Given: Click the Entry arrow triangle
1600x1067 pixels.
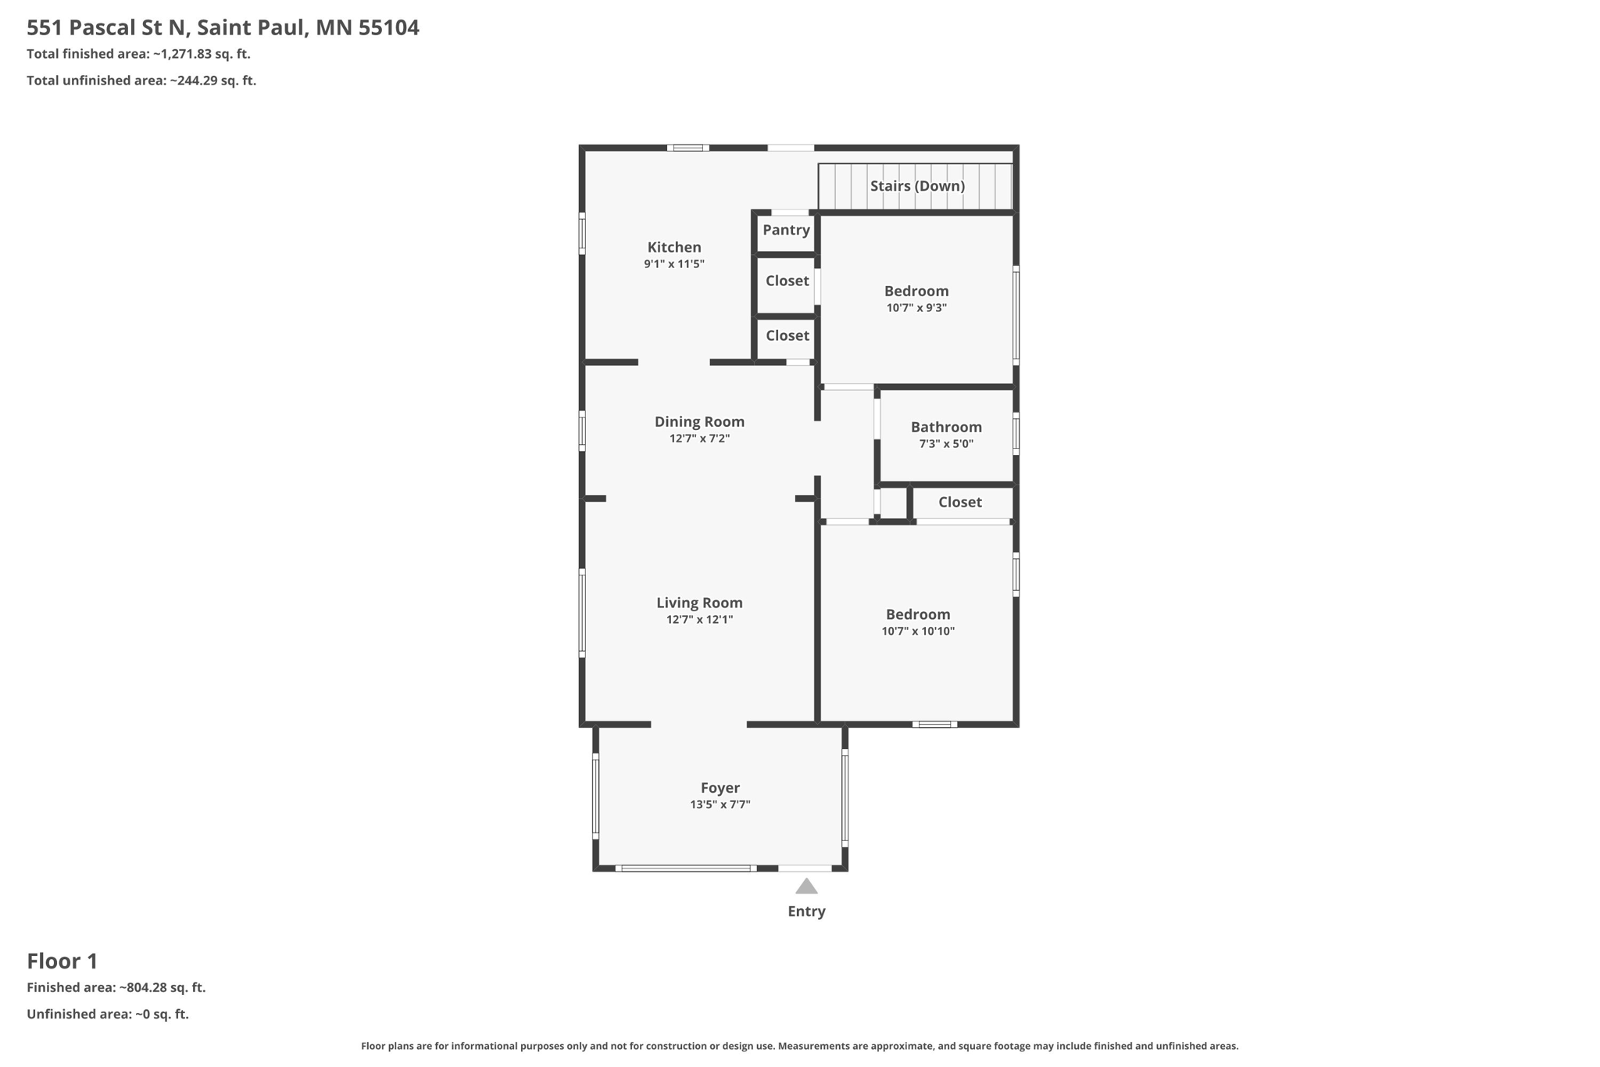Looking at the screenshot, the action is (806, 886).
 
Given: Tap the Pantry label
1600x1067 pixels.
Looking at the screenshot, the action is (786, 230).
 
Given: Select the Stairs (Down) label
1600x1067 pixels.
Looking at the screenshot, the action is (917, 186).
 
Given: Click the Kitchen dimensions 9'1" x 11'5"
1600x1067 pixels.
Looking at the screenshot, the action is (674, 264).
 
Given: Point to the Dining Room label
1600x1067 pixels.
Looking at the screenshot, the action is (699, 422).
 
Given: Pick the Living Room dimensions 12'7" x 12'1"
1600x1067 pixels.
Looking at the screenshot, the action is (699, 620).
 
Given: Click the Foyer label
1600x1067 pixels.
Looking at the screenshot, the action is (720, 788).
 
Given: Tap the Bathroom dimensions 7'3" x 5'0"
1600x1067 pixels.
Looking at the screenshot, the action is (946, 444).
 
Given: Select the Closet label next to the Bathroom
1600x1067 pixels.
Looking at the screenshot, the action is (960, 503).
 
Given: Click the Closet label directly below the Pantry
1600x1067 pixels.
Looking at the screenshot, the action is (787, 281).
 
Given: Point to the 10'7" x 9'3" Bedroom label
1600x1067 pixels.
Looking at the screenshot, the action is (916, 292).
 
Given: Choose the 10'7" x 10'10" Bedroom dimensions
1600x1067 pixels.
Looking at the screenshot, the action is (918, 632).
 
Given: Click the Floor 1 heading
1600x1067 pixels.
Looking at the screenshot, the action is (62, 961).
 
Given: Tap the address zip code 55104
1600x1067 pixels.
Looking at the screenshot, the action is (389, 28).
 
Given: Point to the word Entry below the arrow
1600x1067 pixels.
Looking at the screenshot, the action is (806, 911).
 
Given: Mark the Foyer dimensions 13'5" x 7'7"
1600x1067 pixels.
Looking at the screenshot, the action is (720, 804).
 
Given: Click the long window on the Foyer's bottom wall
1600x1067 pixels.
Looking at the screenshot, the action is (686, 868).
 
